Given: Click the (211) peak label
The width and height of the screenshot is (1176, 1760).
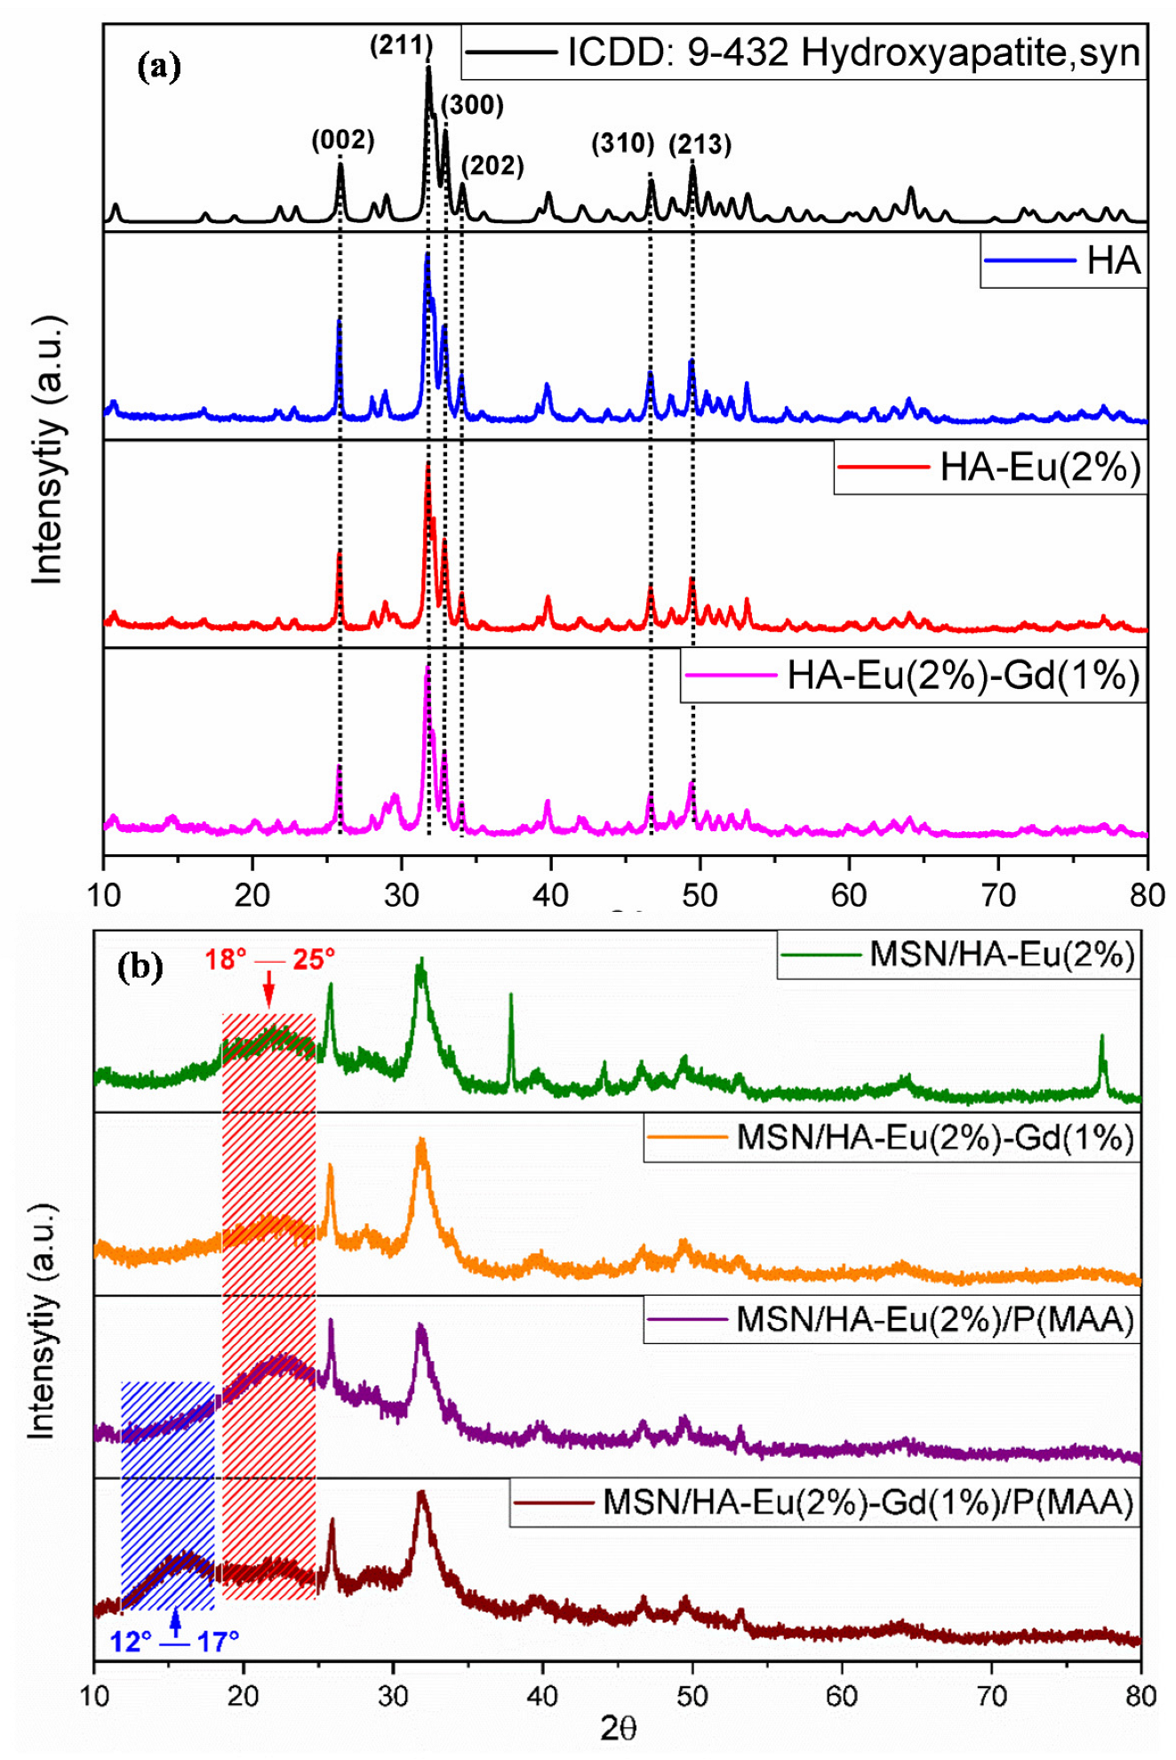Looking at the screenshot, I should pos(401,45).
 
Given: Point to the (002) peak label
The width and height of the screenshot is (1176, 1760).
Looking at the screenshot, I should pos(342,140).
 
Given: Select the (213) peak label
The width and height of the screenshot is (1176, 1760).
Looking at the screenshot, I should pos(700,144).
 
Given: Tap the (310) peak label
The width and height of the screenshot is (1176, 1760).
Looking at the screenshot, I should pos(623,143).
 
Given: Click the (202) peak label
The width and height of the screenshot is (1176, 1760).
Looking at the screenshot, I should pos(492,165).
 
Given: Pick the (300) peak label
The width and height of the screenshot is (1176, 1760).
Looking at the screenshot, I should pos(472,105).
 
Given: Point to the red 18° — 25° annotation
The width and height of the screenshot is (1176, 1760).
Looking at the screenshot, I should pos(270,960).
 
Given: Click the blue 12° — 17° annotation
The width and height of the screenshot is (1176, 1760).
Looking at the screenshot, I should pos(174,1641).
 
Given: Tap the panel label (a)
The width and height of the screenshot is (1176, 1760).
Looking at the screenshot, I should pos(160,67).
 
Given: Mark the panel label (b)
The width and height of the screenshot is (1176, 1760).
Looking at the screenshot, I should pos(140,967).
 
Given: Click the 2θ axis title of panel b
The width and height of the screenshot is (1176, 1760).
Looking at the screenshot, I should pos(618,1728).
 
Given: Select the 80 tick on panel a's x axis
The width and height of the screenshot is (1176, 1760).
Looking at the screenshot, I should pos(1147,894).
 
